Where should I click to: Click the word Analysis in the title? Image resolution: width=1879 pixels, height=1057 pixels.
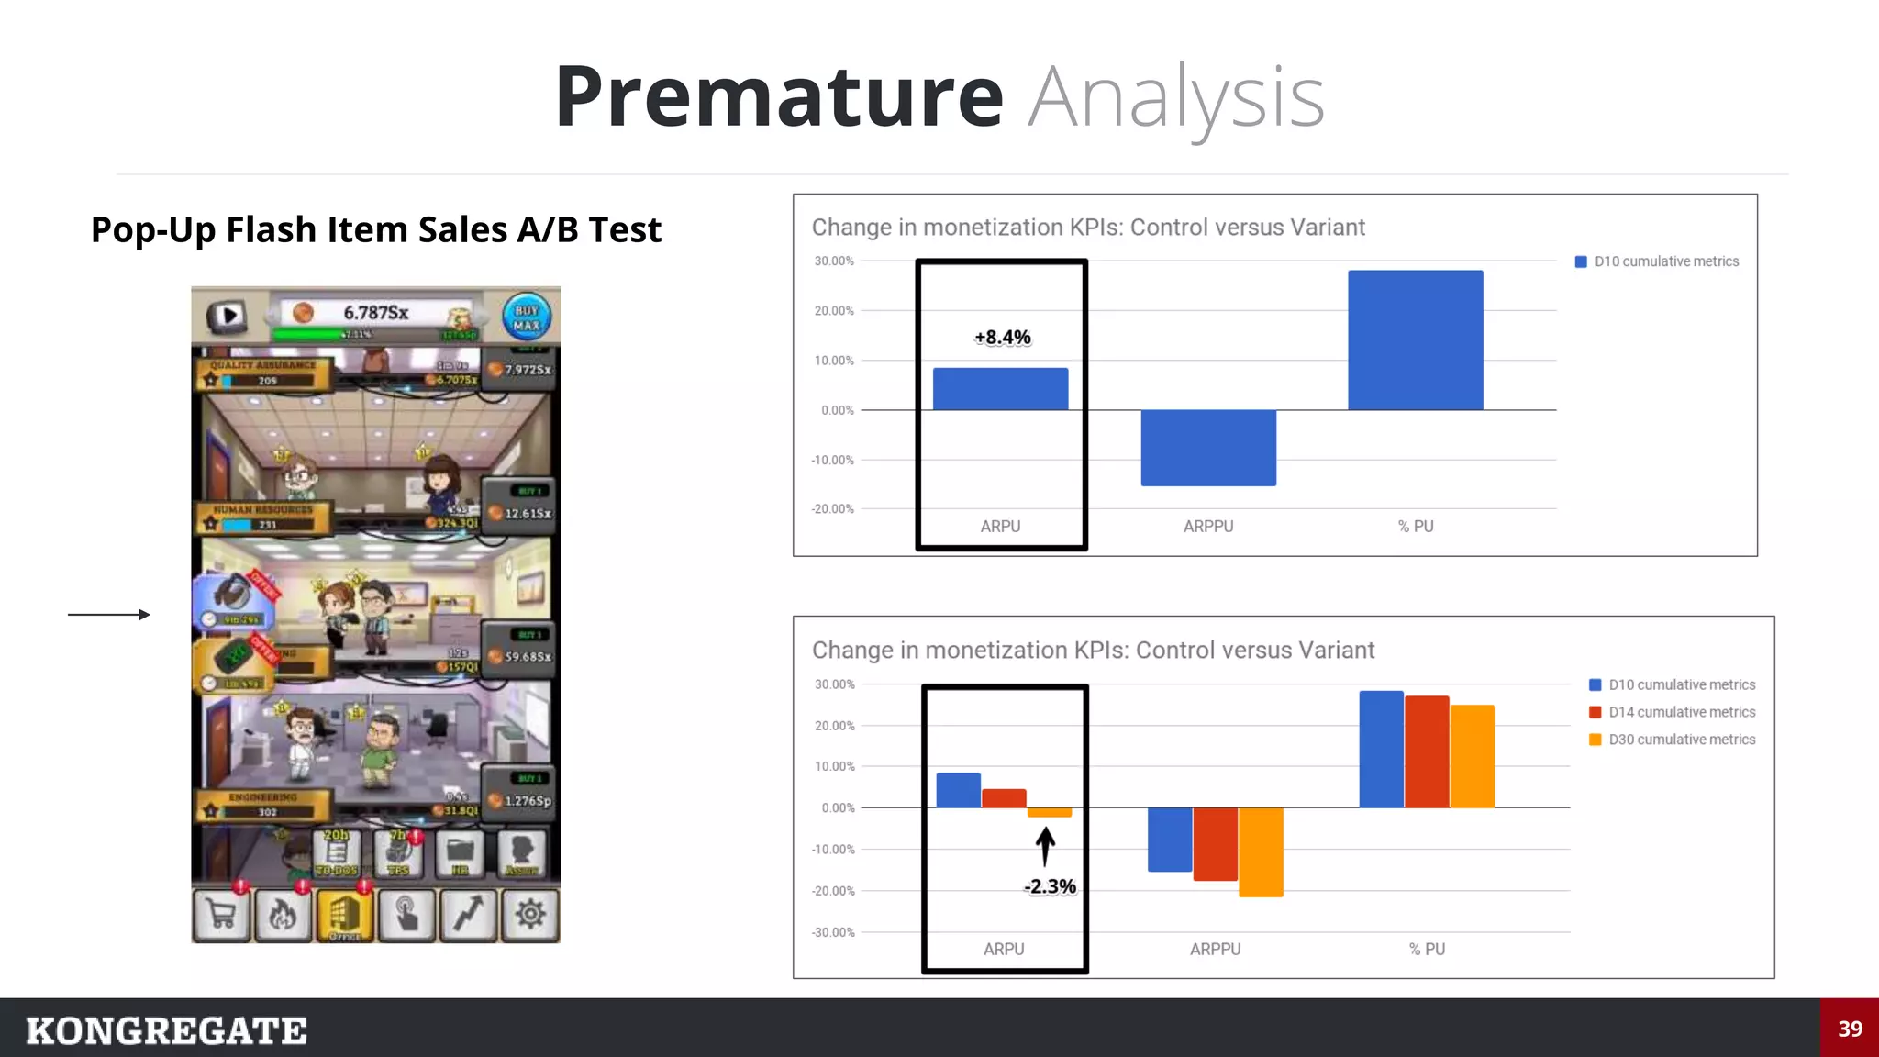point(1175,99)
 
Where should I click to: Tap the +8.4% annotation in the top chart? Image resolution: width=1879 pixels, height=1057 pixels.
point(1002,338)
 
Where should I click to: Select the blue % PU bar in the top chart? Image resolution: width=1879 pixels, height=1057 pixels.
point(1415,339)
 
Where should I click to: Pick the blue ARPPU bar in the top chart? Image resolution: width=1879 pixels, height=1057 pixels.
point(1207,447)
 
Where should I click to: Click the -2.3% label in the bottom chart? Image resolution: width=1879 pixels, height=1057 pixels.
point(1050,886)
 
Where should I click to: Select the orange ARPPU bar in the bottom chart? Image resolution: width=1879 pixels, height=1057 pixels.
point(1261,851)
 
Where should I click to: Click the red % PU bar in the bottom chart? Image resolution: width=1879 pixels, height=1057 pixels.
point(1427,751)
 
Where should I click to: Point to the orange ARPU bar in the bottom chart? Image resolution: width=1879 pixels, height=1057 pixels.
point(1050,812)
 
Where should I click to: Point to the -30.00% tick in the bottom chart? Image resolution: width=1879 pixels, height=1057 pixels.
point(833,932)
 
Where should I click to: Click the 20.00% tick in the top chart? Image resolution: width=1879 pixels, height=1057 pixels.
point(834,311)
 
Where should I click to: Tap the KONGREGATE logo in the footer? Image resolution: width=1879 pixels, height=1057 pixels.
point(166,1030)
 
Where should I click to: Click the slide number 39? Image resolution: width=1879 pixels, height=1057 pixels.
point(1850,1029)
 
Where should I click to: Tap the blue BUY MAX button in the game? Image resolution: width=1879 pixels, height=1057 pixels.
point(527,317)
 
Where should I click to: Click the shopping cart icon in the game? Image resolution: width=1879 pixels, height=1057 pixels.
point(221,915)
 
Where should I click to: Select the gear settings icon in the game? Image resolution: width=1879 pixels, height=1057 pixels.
point(530,914)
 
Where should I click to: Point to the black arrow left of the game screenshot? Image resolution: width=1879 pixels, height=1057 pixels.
point(108,615)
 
